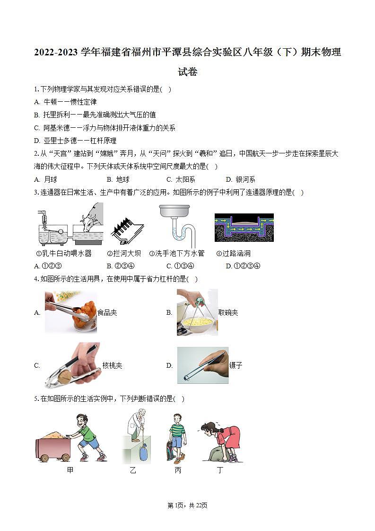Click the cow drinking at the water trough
tap(91, 218)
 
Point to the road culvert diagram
tap(244, 228)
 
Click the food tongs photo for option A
tap(71, 311)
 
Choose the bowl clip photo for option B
tap(197, 312)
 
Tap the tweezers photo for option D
tap(203, 365)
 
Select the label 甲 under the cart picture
tap(70, 470)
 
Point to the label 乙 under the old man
tap(133, 470)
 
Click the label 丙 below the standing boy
tap(178, 470)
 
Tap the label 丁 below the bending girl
tap(220, 470)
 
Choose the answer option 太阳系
tap(185, 179)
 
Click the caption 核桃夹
tap(113, 365)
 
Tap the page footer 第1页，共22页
tap(188, 505)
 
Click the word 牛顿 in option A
tap(50, 102)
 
